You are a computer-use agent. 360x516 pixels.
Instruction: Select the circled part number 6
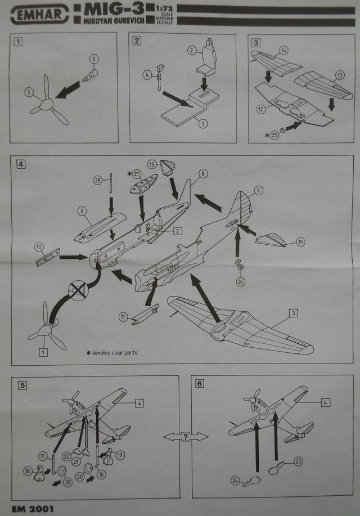tap(94, 58)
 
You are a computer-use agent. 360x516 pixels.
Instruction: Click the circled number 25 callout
tap(275, 134)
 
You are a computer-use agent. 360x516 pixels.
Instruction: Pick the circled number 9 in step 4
tap(82, 212)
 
